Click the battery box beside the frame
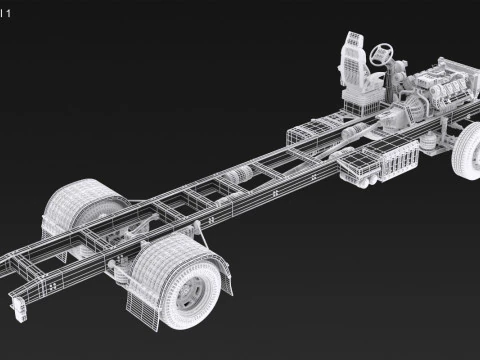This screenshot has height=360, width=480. click(x=385, y=159)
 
